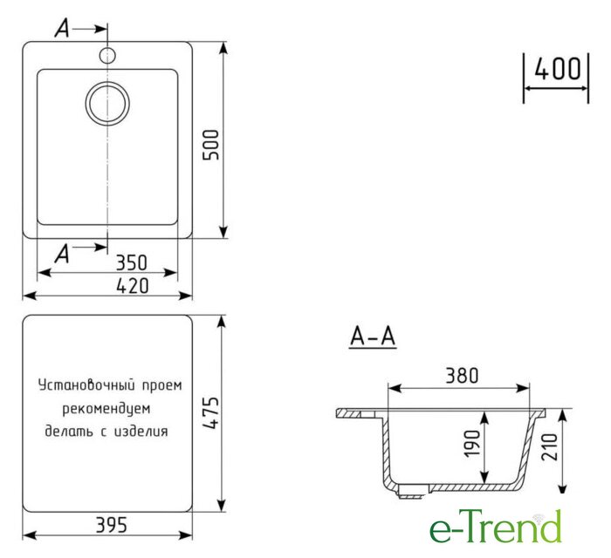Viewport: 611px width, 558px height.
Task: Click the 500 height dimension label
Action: point(211,145)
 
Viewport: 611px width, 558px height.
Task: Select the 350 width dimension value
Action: point(132,262)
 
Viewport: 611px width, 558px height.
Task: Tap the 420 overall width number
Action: point(133,286)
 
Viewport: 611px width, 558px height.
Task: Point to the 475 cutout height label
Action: point(211,413)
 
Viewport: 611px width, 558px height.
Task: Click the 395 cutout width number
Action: point(112,525)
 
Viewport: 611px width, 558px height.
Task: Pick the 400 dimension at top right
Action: point(558,69)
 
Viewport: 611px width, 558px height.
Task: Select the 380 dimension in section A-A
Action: point(462,376)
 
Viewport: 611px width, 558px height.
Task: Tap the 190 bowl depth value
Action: point(472,444)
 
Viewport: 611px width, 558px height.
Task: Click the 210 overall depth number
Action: point(549,447)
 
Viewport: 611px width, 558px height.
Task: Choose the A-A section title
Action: point(373,337)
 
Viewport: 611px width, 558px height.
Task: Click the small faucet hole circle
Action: point(107,55)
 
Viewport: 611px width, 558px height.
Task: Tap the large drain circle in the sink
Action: point(107,104)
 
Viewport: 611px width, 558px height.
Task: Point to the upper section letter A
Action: point(62,29)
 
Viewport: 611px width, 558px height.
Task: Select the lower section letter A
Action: point(62,254)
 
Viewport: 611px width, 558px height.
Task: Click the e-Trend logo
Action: point(496,527)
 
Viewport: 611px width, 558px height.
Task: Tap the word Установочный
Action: point(87,385)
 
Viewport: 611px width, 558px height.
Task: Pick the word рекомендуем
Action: point(106,409)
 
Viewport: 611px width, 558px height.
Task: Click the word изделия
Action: point(141,432)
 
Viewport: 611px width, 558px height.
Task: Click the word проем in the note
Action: point(161,386)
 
